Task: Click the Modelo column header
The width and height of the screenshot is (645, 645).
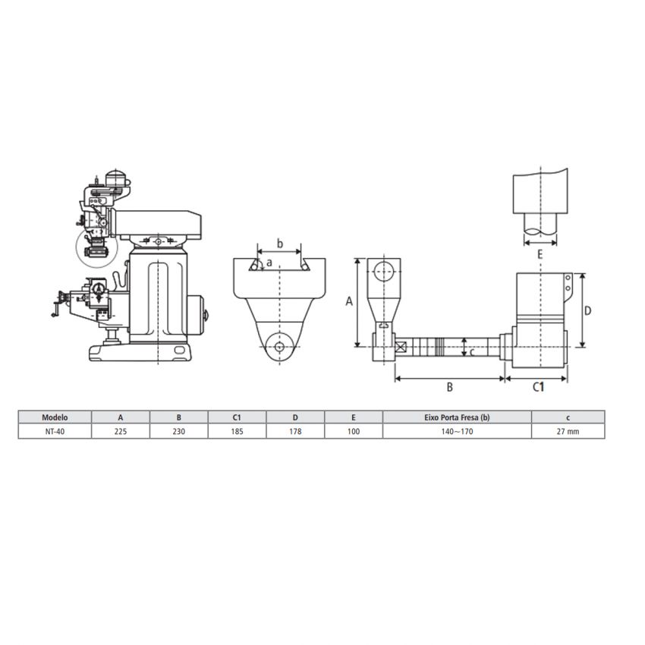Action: pyautogui.click(x=55, y=417)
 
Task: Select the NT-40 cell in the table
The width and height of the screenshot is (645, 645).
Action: pyautogui.click(x=55, y=432)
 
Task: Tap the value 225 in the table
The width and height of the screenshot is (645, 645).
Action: pyautogui.click(x=121, y=432)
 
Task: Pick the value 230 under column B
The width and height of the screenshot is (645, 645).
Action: pyautogui.click(x=179, y=432)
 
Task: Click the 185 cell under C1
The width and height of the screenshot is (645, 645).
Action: pyautogui.click(x=238, y=432)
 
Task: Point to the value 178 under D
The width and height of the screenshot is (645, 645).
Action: pyautogui.click(x=295, y=432)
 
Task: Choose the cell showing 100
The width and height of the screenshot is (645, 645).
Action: pyautogui.click(x=354, y=432)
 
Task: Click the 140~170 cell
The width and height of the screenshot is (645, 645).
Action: pyautogui.click(x=457, y=432)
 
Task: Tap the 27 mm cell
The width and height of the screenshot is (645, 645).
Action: pyautogui.click(x=568, y=432)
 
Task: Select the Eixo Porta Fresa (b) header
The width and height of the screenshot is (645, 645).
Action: pyautogui.click(x=457, y=417)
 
